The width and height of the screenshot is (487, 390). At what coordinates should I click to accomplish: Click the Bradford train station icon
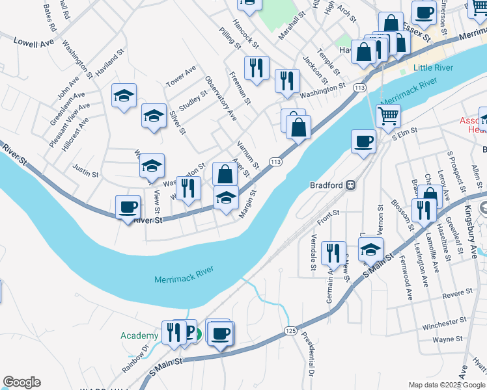point(350,185)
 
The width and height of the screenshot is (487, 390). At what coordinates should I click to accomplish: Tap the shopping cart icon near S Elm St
point(388,116)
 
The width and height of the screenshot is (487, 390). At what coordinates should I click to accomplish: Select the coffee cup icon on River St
point(128,207)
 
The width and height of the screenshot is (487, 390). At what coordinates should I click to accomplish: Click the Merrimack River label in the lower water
point(185,279)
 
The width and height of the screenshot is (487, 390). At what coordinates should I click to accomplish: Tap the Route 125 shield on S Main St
point(290,331)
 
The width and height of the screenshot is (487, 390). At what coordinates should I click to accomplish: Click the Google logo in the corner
point(21,382)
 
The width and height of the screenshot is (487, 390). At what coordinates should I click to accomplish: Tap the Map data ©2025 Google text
point(445,385)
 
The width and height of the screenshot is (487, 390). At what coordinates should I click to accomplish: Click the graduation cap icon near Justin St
point(152,166)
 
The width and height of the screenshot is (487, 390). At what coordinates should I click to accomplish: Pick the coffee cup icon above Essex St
point(424,12)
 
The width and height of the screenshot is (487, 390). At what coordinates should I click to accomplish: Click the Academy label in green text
point(139,335)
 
